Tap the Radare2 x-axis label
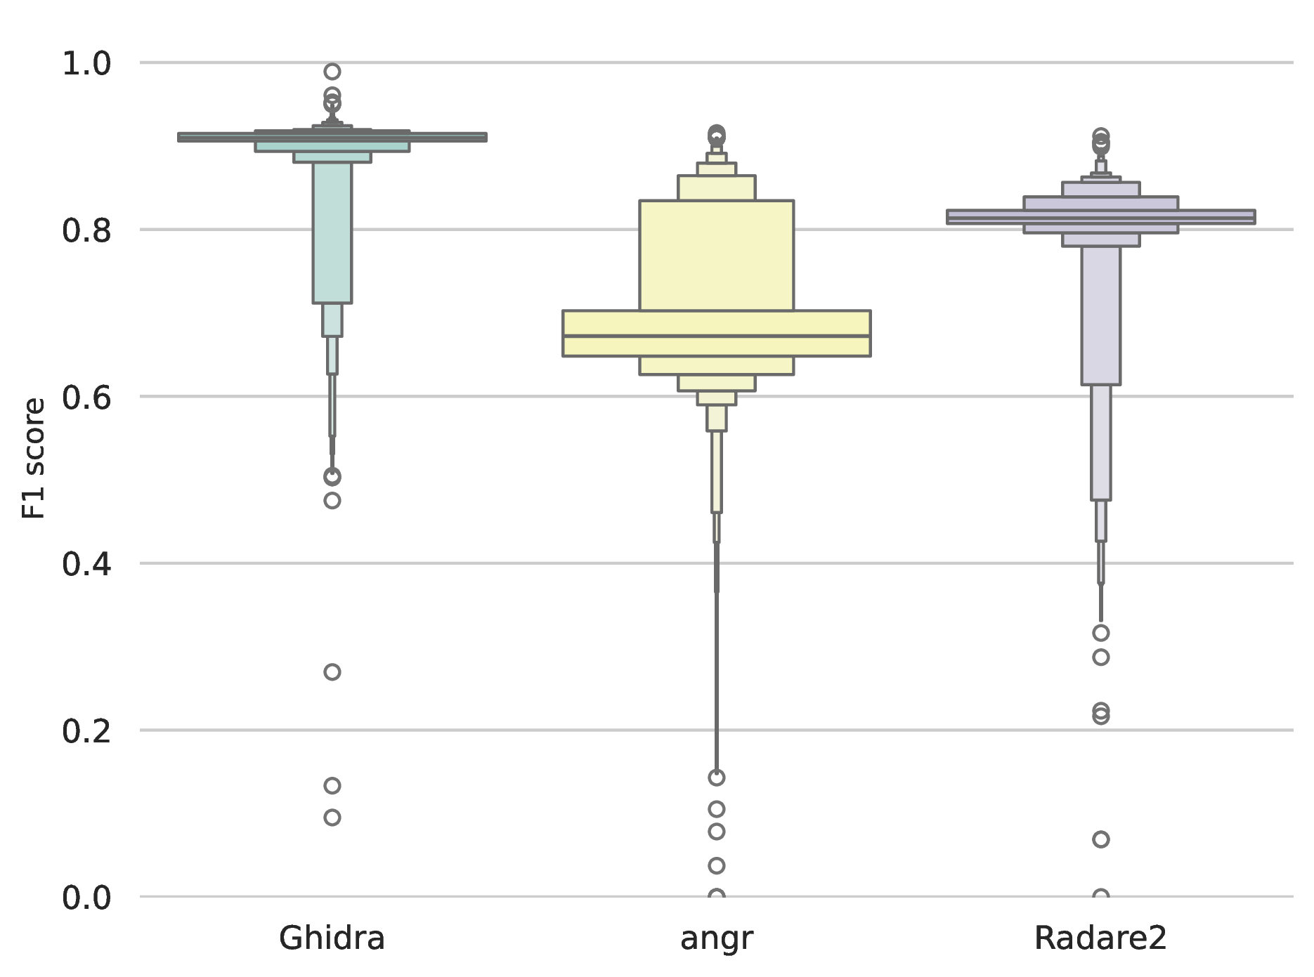(1100, 938)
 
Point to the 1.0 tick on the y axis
(87, 64)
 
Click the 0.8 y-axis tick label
(87, 230)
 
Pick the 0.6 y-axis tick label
(87, 398)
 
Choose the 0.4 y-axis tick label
(87, 564)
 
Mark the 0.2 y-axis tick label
(87, 731)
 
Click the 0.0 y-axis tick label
(87, 898)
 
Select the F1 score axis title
(34, 459)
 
